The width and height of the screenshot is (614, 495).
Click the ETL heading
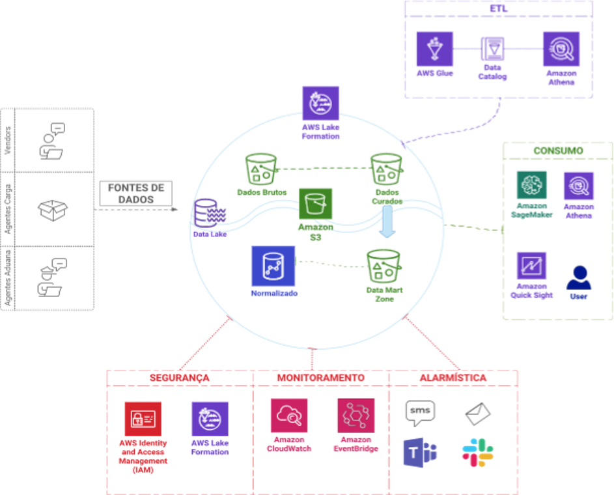(x=499, y=8)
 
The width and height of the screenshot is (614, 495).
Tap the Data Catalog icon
(x=492, y=49)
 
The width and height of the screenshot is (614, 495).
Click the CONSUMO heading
(x=558, y=150)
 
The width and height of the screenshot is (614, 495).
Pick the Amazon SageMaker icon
(x=532, y=185)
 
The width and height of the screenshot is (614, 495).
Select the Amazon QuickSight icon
(x=532, y=266)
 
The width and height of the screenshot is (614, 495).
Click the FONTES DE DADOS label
(x=136, y=193)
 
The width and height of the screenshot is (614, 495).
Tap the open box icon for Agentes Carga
(x=53, y=209)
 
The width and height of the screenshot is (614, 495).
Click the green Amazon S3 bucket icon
(x=315, y=204)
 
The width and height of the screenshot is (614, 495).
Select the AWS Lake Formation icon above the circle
(x=320, y=102)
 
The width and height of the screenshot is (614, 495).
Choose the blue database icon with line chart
(x=269, y=264)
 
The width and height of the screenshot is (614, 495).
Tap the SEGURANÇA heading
(x=179, y=378)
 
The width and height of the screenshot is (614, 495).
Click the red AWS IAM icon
(x=143, y=419)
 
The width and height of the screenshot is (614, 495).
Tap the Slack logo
(x=477, y=452)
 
